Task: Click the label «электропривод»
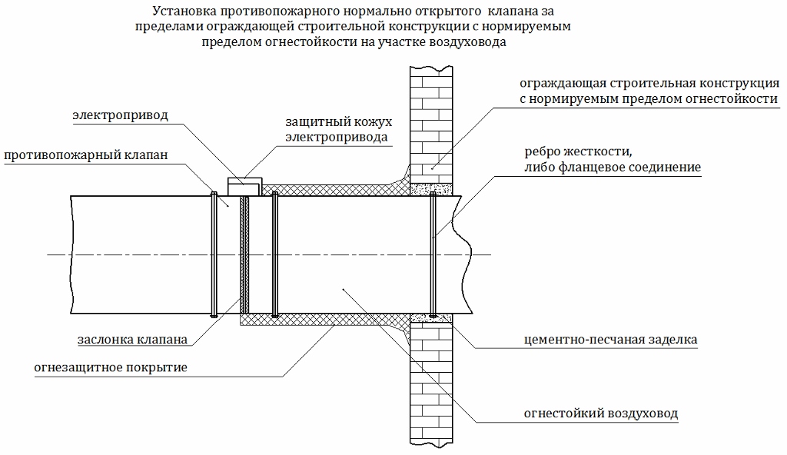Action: [x=120, y=115]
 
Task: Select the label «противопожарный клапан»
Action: [x=86, y=155]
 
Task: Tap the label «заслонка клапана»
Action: [x=132, y=340]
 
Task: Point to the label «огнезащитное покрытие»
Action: [x=111, y=367]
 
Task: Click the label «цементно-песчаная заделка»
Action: [x=610, y=340]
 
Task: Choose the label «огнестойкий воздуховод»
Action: [x=601, y=413]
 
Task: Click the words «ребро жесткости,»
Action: [x=578, y=151]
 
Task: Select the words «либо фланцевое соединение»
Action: [x=613, y=168]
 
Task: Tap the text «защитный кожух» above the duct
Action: [x=339, y=122]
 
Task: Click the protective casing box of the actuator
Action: [x=245, y=186]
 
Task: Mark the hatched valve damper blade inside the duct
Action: [x=244, y=254]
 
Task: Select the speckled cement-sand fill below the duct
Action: [x=432, y=317]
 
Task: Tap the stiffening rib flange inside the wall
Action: [x=433, y=254]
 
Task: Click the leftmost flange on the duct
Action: [x=214, y=254]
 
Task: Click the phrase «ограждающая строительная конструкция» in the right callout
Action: [x=649, y=83]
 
